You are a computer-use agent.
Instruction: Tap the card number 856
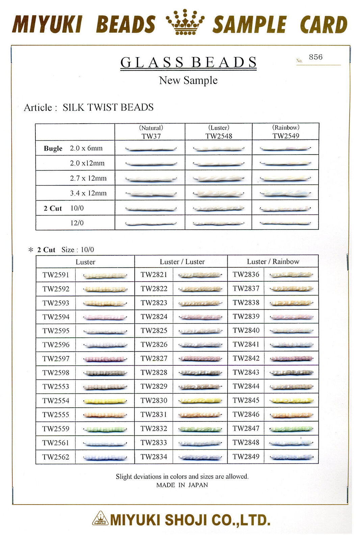tap(315, 57)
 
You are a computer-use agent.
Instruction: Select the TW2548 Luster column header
tap(218, 132)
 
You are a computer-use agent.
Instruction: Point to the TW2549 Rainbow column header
tap(286, 132)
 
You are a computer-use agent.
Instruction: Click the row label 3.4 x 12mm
tap(88, 193)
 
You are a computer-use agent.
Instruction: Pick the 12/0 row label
tap(77, 223)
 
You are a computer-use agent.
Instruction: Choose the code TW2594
tap(56, 317)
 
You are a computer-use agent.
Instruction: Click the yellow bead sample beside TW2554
tap(105, 401)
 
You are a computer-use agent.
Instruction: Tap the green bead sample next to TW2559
tap(105, 430)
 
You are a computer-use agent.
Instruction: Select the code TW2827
tap(154, 358)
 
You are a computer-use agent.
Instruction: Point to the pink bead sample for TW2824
tap(201, 317)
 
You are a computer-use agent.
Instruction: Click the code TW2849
tap(246, 457)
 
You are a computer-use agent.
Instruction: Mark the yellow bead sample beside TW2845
tap(291, 401)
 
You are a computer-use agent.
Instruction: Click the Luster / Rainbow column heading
tap(273, 261)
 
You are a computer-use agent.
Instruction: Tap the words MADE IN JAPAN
tap(182, 485)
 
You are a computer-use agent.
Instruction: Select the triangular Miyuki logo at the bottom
tap(100, 518)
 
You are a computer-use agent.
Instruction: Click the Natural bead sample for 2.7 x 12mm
tap(151, 179)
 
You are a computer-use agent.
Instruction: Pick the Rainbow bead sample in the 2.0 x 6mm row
tap(285, 148)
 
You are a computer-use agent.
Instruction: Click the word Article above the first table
tap(38, 108)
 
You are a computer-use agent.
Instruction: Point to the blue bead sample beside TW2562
tap(105, 458)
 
